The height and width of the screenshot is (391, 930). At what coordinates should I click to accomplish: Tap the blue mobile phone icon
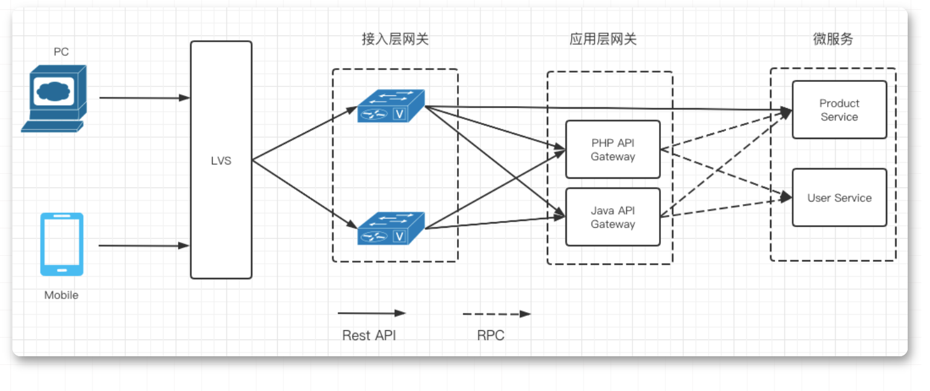61,244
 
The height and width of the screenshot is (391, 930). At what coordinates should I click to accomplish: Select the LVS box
221,160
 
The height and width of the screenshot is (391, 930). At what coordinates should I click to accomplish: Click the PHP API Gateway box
613,150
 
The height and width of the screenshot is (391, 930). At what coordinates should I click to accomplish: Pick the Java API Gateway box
613,217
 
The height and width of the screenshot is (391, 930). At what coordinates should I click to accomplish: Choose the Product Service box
839,110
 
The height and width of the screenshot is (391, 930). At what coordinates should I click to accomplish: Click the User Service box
839,197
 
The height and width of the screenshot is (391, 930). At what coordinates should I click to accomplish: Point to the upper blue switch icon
391,106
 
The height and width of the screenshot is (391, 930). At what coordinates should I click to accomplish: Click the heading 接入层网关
395,40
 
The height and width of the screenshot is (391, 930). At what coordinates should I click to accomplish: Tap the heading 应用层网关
603,40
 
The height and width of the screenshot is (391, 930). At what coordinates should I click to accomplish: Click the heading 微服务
833,39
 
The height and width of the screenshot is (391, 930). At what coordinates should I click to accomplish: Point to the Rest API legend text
369,336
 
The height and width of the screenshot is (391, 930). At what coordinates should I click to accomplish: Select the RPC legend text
490,336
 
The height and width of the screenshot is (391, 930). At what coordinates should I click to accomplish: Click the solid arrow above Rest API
371,313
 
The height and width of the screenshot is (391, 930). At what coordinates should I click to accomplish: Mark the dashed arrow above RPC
496,314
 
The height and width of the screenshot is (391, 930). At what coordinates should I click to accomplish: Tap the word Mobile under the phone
61,295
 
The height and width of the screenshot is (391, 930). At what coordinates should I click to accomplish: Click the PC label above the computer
61,52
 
